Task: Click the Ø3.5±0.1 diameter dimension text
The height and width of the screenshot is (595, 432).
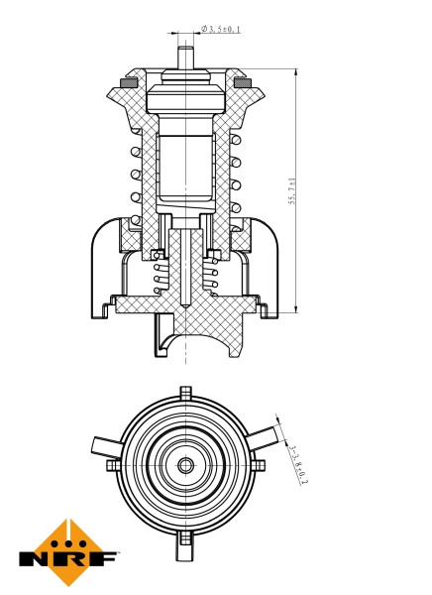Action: click(x=219, y=30)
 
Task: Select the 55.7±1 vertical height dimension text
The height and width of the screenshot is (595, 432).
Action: click(x=292, y=188)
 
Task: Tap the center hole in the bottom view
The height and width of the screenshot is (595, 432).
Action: click(x=184, y=463)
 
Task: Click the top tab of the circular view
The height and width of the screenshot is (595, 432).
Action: click(x=184, y=394)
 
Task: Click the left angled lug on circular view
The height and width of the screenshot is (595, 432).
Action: click(x=103, y=444)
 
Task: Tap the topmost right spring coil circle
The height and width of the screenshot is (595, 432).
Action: click(x=235, y=143)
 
